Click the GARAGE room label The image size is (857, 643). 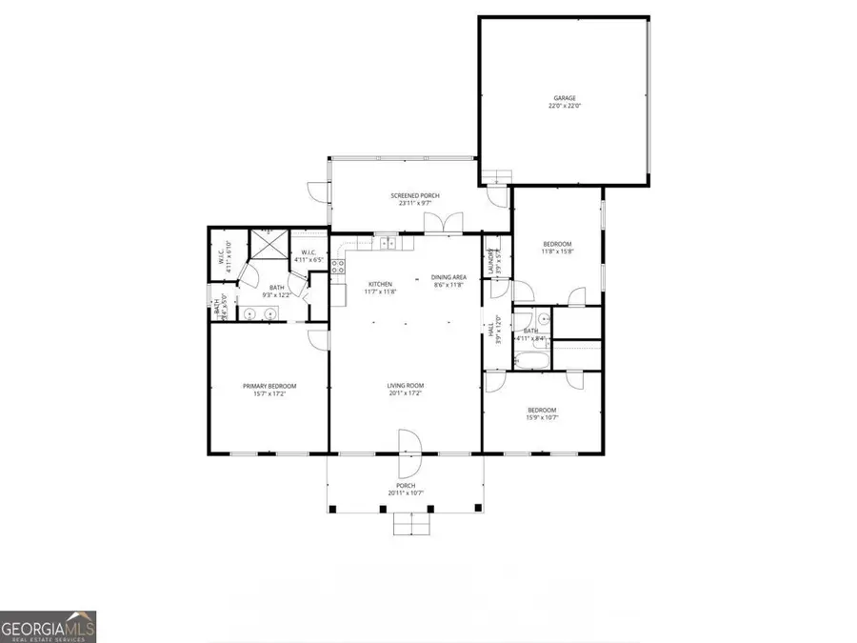pyautogui.click(x=565, y=98)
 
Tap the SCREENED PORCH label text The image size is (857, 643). pyautogui.click(x=405, y=195)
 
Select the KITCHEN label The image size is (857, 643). pyautogui.click(x=381, y=284)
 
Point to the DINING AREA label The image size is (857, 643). pyautogui.click(x=448, y=276)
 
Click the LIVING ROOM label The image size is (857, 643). pyautogui.click(x=405, y=386)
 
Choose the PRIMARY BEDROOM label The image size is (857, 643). pyautogui.click(x=269, y=386)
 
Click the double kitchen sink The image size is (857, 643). pyautogui.click(x=389, y=244)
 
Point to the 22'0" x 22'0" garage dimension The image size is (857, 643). pyautogui.click(x=565, y=107)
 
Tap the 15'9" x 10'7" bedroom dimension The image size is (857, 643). pyautogui.click(x=542, y=417)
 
